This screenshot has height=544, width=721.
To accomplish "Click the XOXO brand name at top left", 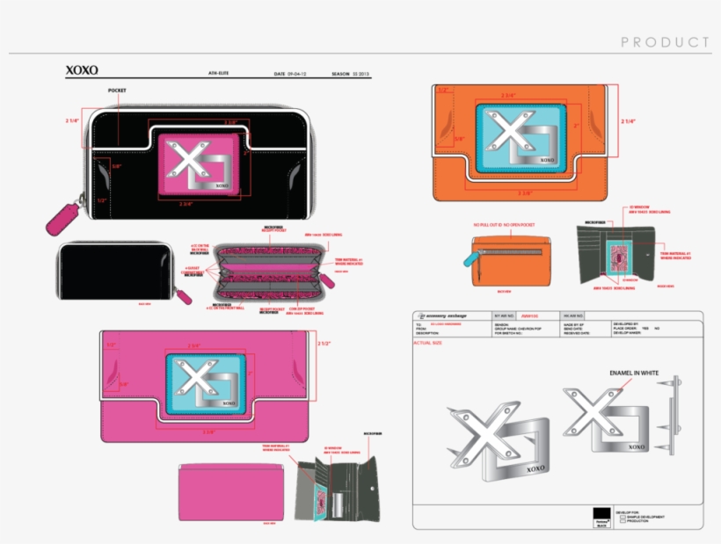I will click(82, 70).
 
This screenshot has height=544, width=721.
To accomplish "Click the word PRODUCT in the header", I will click(665, 42).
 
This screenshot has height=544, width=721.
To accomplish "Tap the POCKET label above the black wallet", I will click(118, 91).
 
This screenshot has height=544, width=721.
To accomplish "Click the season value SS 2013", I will click(362, 74).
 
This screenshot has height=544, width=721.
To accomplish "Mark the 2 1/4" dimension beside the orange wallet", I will click(628, 121).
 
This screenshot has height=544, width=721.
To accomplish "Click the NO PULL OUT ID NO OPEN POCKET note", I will click(503, 225).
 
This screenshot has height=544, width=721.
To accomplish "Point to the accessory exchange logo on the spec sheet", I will click(443, 316).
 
